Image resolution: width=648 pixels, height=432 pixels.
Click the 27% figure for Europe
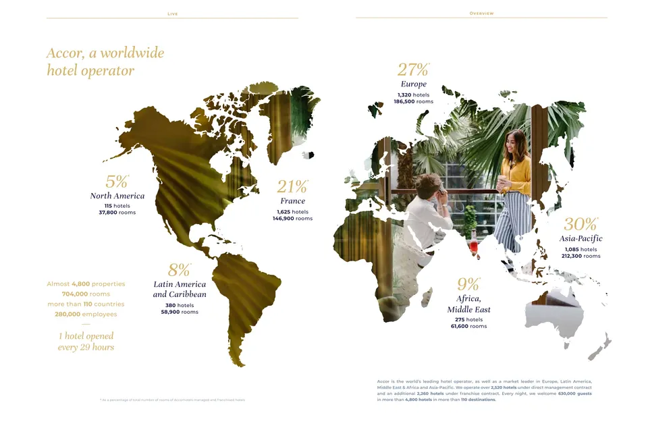click(412, 70)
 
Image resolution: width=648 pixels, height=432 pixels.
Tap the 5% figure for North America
click(116, 181)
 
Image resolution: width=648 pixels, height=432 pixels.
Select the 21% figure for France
click(292, 186)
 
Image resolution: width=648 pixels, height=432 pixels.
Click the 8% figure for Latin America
click(179, 270)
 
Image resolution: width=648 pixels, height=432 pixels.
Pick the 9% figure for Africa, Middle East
click(468, 283)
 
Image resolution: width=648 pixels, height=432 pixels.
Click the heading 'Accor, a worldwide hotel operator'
click(105, 61)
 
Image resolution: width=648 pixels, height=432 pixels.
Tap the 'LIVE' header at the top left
click(173, 13)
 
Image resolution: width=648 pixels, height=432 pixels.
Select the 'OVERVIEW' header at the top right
click(481, 13)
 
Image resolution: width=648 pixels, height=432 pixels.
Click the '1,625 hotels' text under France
click(292, 211)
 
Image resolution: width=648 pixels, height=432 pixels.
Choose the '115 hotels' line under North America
click(117, 205)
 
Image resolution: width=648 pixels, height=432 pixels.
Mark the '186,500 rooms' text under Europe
click(414, 102)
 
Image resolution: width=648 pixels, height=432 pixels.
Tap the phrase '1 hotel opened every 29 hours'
click(86, 342)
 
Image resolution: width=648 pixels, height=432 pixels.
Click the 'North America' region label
click(117, 196)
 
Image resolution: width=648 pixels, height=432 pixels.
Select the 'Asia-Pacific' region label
click(580, 238)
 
